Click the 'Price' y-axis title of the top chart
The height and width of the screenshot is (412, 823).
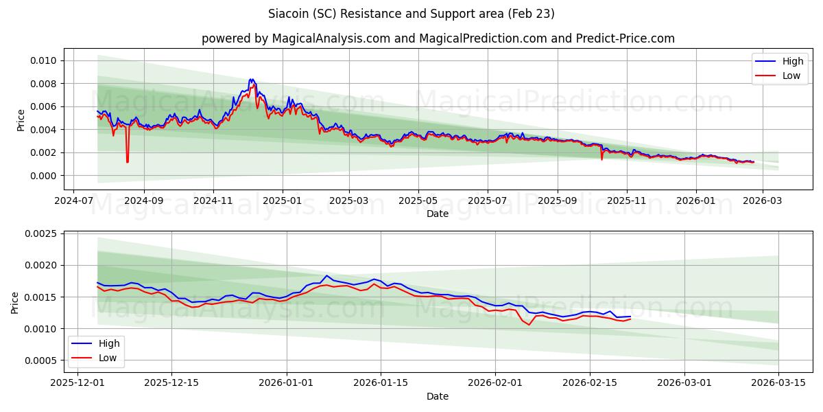click(21, 119)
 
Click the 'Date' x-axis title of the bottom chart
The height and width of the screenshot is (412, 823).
click(438, 396)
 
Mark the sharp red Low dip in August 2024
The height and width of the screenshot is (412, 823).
click(127, 162)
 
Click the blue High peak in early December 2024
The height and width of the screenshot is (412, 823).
click(252, 80)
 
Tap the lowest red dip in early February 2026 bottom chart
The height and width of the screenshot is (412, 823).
click(529, 325)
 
